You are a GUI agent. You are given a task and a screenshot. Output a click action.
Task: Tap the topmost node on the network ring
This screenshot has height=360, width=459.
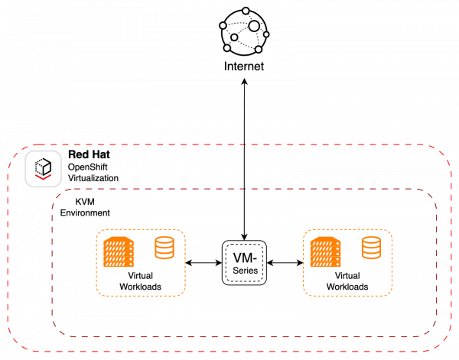coord(246,11)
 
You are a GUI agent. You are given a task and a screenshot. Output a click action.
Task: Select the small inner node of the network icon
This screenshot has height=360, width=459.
coord(234,37)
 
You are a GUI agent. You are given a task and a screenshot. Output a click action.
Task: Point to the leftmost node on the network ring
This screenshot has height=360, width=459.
coord(223,25)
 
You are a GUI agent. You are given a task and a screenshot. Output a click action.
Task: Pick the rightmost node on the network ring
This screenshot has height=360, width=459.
coord(266,34)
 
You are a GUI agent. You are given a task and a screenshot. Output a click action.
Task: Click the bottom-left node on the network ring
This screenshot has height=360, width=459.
coord(226,48)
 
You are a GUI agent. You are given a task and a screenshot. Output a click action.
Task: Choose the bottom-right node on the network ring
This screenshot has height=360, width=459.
coord(259,50)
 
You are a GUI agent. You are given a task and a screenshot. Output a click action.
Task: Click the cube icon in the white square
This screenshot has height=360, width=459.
coord(43,165)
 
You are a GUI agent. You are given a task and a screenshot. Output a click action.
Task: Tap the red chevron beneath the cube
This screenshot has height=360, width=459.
coord(43,177)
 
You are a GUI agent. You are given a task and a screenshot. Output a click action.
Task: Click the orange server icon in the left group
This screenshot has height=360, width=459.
coord(119,252)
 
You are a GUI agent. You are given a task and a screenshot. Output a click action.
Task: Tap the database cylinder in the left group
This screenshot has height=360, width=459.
coord(164,247)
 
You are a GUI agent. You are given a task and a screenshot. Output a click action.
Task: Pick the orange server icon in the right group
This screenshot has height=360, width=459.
coord(325,252)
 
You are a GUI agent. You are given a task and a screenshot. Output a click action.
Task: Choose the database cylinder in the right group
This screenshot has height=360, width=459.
coord(371,247)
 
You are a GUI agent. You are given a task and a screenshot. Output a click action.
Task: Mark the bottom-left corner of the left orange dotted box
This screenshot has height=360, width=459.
coord(98,294)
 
